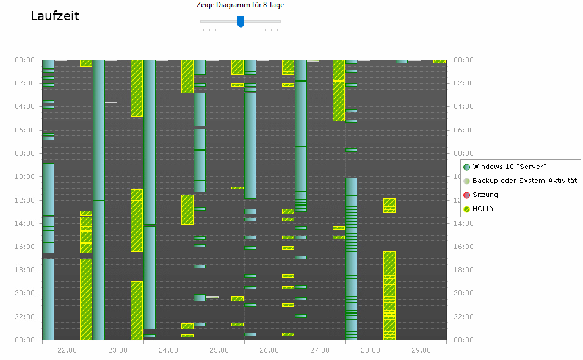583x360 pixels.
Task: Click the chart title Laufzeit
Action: [x=55, y=16]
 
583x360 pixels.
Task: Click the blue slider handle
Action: [x=241, y=22]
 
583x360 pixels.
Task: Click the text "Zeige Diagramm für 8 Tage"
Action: [x=240, y=5]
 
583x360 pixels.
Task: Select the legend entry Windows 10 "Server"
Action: [x=509, y=167]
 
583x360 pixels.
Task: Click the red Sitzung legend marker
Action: [x=467, y=195]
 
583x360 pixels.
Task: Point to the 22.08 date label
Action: [x=67, y=350]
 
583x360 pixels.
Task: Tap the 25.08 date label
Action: [x=219, y=350]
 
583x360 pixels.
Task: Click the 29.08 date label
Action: [x=421, y=350]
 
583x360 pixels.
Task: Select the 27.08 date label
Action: [x=320, y=350]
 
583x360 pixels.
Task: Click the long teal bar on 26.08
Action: [x=250, y=146]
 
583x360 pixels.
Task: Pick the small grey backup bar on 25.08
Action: [x=212, y=297]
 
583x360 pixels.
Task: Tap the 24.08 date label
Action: [x=168, y=350]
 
